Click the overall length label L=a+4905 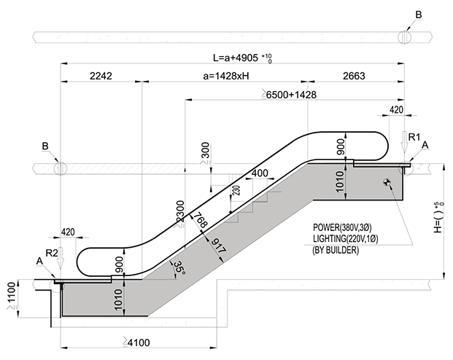pyautogui.click(x=236, y=58)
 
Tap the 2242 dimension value pyautogui.click(x=101, y=76)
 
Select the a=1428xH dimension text pyautogui.click(x=226, y=76)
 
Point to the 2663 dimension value pyautogui.click(x=354, y=76)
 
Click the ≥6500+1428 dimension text pyautogui.click(x=289, y=95)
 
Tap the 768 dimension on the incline pyautogui.click(x=200, y=219)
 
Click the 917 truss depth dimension pyautogui.click(x=218, y=246)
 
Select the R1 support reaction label pyautogui.click(x=414, y=137)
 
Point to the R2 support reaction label pyautogui.click(x=52, y=253)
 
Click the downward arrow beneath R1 pyautogui.click(x=404, y=142)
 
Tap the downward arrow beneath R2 pyautogui.click(x=61, y=258)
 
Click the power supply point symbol pyautogui.click(x=387, y=182)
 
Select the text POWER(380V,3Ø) pyautogui.click(x=342, y=227)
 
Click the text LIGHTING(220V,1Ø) pyautogui.click(x=345, y=239)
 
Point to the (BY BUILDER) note pyautogui.click(x=336, y=250)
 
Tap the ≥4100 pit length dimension pyautogui.click(x=136, y=343)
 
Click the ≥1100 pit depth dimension pyautogui.click(x=11, y=297)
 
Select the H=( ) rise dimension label pyautogui.click(x=438, y=217)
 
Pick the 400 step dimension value pyautogui.click(x=260, y=173)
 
